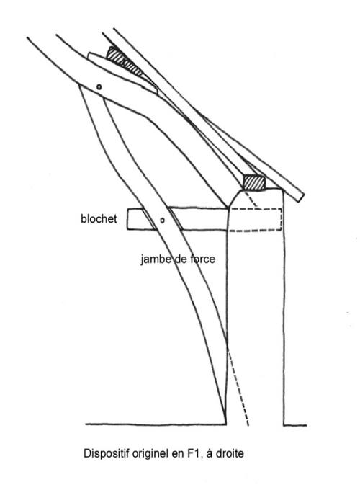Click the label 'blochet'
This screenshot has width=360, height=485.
point(99,219)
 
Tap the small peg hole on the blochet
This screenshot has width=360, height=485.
point(163,221)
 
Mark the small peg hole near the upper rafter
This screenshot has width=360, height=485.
point(99,86)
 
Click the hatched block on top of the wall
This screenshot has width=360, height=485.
point(254,182)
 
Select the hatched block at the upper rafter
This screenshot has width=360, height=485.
point(124,61)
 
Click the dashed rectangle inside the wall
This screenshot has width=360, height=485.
point(256,220)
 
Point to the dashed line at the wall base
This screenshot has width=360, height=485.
point(238,388)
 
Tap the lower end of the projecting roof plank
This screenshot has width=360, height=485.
point(301,197)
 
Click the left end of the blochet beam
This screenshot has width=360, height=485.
point(127,219)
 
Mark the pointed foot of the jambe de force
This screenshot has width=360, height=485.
point(225,423)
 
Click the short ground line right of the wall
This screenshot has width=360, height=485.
point(295,425)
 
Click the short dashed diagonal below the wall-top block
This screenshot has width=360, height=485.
point(251,199)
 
